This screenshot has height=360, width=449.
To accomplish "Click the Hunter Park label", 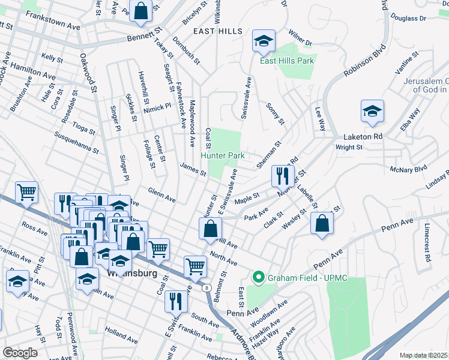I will coord(223,155).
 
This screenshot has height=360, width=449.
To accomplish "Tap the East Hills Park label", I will coord(287,61).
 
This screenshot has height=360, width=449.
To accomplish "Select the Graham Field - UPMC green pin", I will coord(259,277).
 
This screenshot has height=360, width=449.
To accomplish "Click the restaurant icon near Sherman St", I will coord(280,175).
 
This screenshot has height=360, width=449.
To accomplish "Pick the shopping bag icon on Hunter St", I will coord(210,228).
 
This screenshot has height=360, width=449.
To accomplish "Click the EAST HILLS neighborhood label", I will coord(218,31).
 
